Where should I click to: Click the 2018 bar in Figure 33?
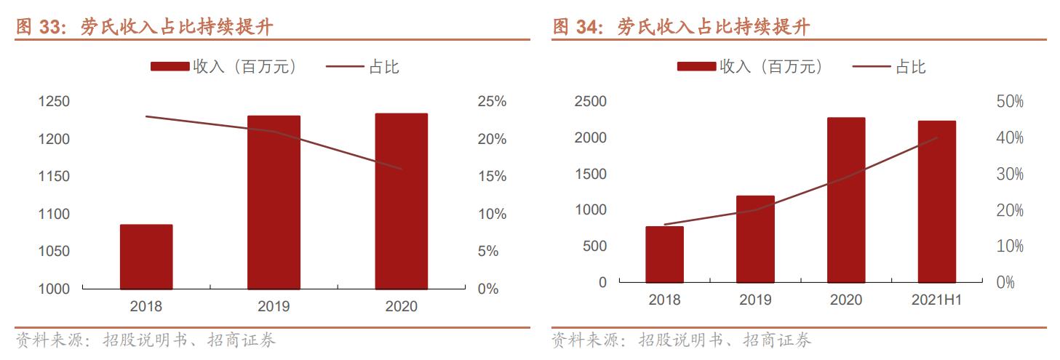pos(146,257)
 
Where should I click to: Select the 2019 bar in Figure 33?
pos(274,202)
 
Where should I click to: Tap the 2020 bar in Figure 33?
pos(401,201)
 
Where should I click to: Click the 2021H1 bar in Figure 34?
pos(936,201)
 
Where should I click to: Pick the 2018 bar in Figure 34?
pos(664,255)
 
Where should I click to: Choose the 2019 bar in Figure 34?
pos(755,239)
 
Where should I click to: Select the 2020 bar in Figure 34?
pos(846,200)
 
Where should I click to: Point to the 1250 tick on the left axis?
pos(54,102)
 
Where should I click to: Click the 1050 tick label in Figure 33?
pos(54,252)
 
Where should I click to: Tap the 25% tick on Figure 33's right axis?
pos(492,102)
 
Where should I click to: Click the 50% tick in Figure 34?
pos(1010,102)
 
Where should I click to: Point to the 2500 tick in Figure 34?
pos(590,102)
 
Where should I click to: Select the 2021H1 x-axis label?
pos(936,300)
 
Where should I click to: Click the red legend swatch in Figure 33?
pos(170,67)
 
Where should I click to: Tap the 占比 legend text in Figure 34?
pos(910,67)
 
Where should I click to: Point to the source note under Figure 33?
pos(146,340)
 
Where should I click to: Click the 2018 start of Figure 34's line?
pos(665,225)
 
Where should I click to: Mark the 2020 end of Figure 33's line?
pos(402,169)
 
